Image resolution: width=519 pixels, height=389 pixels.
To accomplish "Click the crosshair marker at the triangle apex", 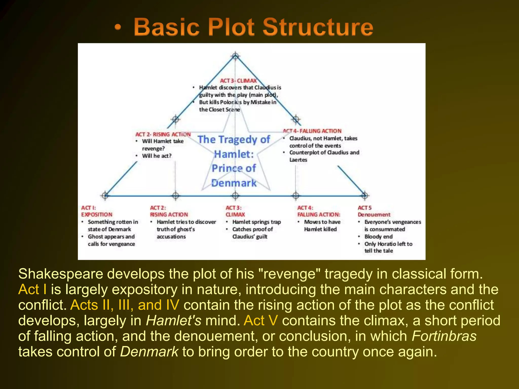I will (x=235, y=56).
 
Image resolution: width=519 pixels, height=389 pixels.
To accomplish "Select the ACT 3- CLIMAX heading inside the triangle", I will (x=238, y=81).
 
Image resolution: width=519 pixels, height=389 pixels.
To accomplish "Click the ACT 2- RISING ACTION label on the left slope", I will (x=163, y=134).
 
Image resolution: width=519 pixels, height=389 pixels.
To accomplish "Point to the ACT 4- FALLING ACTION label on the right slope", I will (x=312, y=131).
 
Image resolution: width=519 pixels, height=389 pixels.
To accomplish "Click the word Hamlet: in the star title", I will (x=234, y=154).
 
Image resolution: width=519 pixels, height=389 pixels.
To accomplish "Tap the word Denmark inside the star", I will (x=234, y=183).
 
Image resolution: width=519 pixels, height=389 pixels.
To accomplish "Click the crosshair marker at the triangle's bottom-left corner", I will (x=105, y=196).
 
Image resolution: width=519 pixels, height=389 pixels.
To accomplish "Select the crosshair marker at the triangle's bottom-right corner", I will (x=364, y=196).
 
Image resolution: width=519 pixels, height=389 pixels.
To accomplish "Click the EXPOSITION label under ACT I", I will (x=97, y=215).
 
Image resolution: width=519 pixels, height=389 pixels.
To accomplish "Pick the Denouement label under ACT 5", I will (x=374, y=215).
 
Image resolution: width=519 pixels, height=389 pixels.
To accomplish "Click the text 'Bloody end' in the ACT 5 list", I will (x=378, y=237).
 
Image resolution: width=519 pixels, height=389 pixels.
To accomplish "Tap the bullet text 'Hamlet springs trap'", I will (x=256, y=222).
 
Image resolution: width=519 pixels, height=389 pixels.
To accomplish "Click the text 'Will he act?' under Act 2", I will (x=157, y=156).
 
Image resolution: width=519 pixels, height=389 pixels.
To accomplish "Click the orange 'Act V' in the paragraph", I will (x=261, y=320).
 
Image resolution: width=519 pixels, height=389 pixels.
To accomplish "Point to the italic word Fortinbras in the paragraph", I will (x=444, y=336).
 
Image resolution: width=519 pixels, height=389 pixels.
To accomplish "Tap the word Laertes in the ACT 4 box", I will (x=298, y=160).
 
